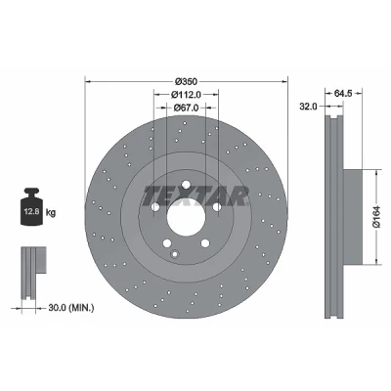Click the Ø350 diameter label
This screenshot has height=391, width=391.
pos(186,81)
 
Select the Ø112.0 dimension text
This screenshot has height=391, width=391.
pos(186,95)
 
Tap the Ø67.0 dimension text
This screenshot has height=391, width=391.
pos(186,108)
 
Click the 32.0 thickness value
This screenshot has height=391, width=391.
pos(308,107)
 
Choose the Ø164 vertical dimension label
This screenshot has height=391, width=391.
pos(376,217)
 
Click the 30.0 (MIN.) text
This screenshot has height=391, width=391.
pos(71,307)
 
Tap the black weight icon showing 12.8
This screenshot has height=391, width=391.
pos(31,206)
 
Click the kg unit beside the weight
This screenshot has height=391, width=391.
pos(51,213)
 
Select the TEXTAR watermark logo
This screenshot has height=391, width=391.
pos(195,196)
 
